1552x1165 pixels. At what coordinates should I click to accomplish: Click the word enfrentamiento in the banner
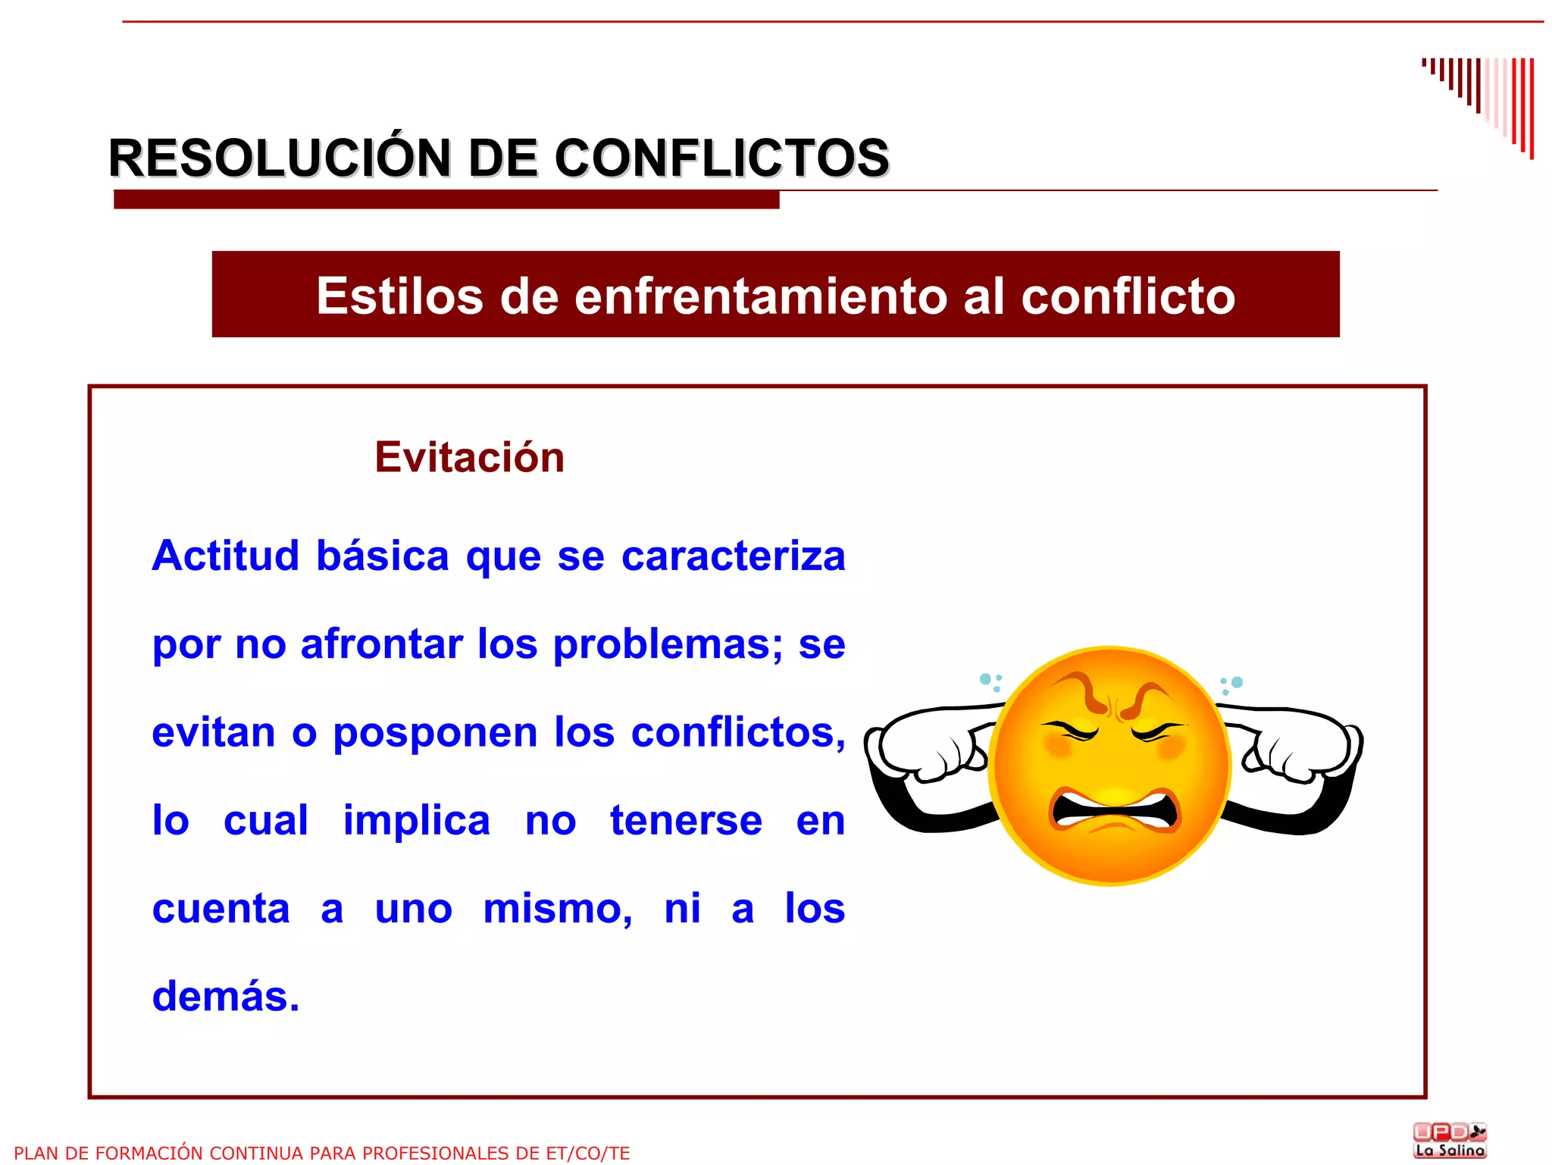pos(761,296)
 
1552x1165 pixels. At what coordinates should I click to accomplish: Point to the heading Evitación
pos(470,457)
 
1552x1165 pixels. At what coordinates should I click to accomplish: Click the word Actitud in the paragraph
pos(226,556)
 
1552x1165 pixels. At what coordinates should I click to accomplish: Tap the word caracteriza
pos(733,556)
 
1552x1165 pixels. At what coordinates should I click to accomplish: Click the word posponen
pos(436,733)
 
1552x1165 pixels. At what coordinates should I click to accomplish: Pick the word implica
pos(417,821)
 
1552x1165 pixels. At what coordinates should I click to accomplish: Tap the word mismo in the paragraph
pos(558,909)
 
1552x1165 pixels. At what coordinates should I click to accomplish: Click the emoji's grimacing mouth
pos(1113,811)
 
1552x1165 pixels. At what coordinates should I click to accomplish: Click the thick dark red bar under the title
pos(446,199)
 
